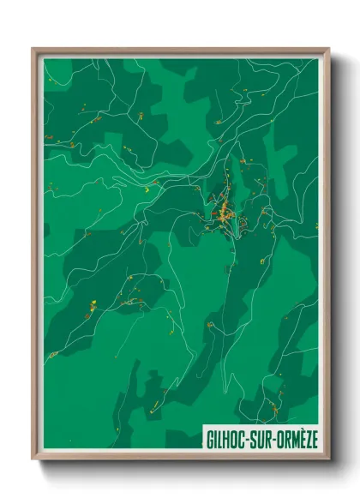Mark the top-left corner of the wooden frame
(x=33, y=49)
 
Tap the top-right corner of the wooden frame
(x=328, y=49)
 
